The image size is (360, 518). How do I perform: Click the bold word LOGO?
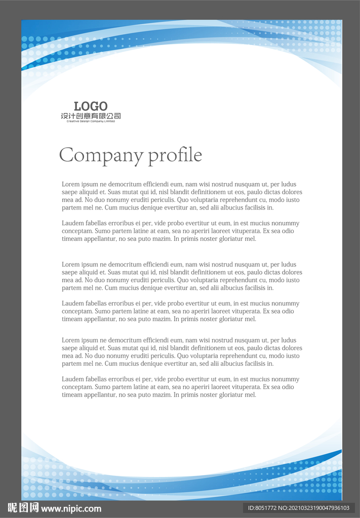(x=91, y=106)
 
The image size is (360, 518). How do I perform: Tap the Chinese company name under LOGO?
(x=91, y=116)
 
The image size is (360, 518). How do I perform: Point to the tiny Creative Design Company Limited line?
(x=91, y=121)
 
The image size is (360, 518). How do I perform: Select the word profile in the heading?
(x=175, y=155)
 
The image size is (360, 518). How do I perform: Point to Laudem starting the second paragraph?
(x=72, y=223)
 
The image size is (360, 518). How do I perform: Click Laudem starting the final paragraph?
(x=72, y=379)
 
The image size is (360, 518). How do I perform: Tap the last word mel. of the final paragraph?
(x=251, y=395)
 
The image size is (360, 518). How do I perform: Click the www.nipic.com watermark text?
(x=71, y=508)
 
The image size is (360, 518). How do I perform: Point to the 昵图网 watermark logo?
(x=23, y=507)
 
